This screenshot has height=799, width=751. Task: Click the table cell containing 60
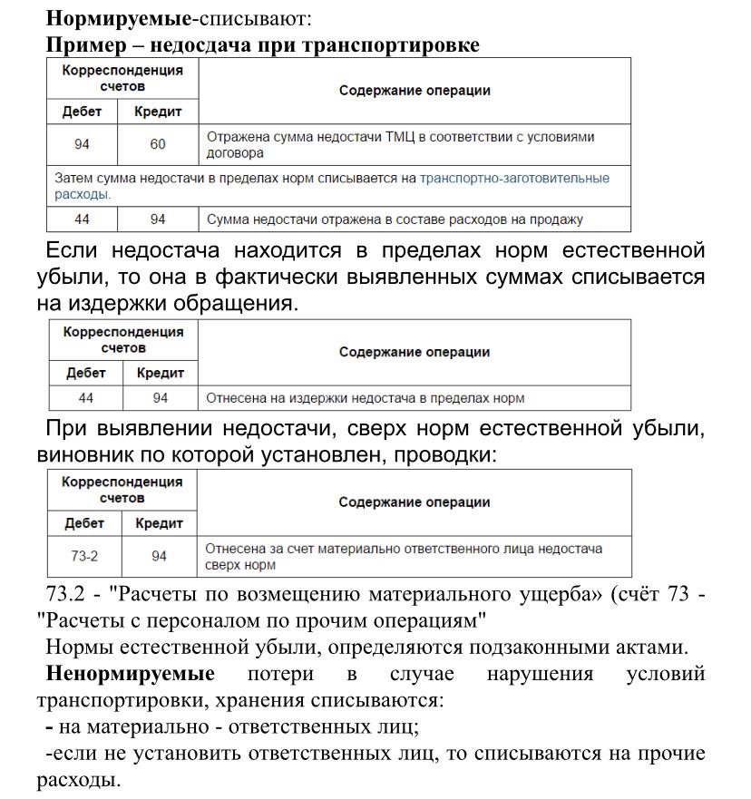(x=159, y=144)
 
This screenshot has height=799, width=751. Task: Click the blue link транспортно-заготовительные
(x=514, y=179)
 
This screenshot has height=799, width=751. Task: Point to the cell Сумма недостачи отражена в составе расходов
(x=395, y=219)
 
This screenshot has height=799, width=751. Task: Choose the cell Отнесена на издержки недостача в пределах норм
(x=366, y=397)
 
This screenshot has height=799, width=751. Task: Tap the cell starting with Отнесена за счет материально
(x=404, y=556)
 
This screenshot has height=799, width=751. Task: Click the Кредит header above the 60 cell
(x=159, y=112)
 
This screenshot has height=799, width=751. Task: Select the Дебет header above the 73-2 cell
(x=84, y=523)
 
